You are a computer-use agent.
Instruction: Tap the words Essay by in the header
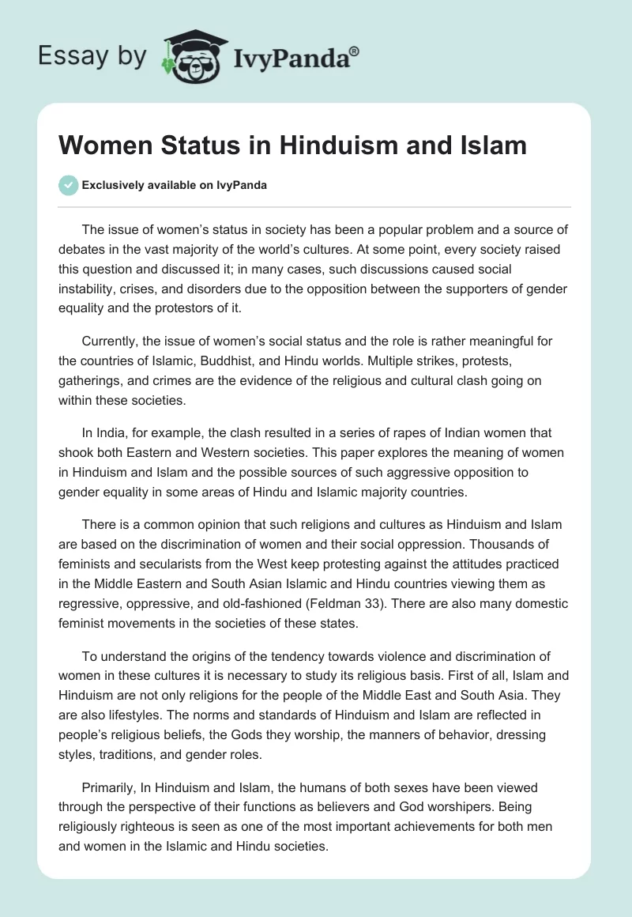tap(92, 55)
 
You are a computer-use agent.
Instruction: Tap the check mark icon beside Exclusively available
tap(70, 185)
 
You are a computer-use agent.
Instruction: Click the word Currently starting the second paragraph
tap(111, 341)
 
